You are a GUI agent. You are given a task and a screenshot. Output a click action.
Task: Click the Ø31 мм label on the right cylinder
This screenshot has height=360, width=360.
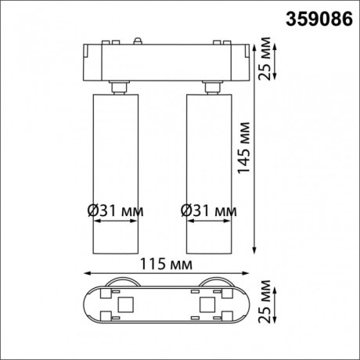[208, 209]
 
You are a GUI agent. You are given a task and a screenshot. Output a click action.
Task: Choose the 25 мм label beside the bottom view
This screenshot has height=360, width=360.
[267, 303]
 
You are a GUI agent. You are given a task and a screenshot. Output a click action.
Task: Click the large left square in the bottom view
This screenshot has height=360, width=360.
[125, 302]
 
